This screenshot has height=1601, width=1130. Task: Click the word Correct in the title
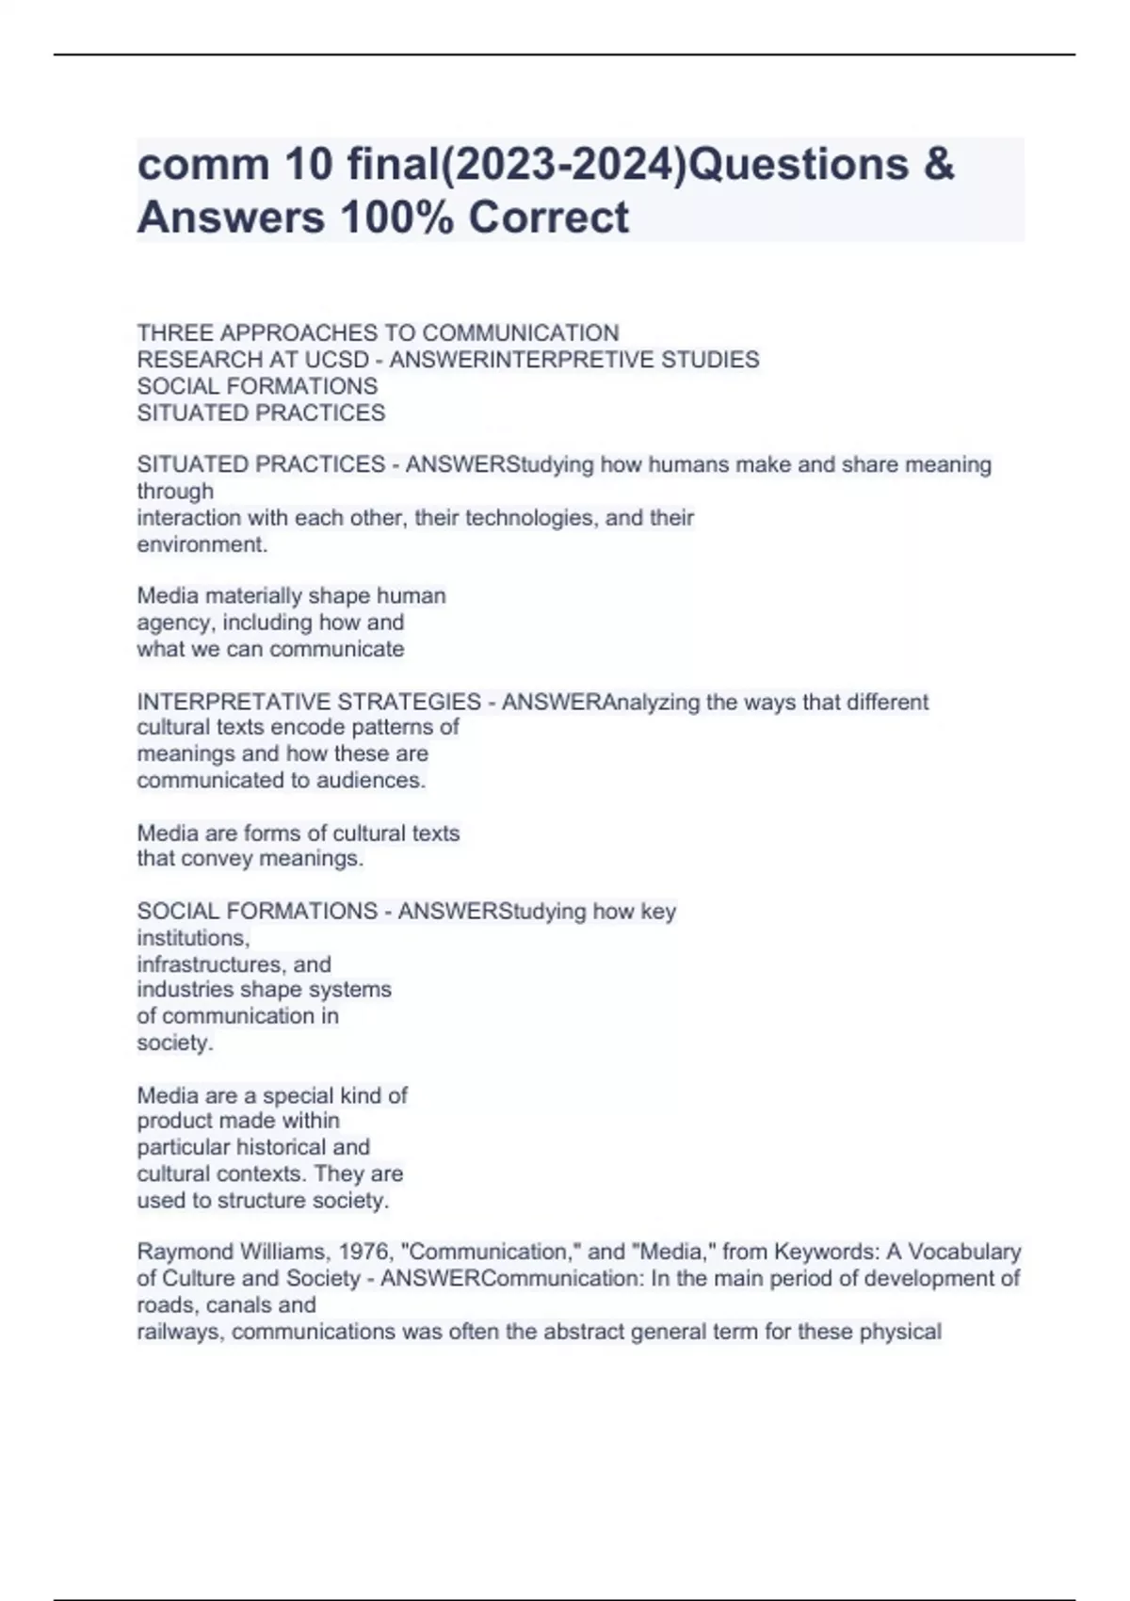[x=548, y=217]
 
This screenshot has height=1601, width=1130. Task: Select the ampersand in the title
[x=938, y=164]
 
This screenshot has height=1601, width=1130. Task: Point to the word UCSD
[x=336, y=360]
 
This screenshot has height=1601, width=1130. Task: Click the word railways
[x=180, y=1332]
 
